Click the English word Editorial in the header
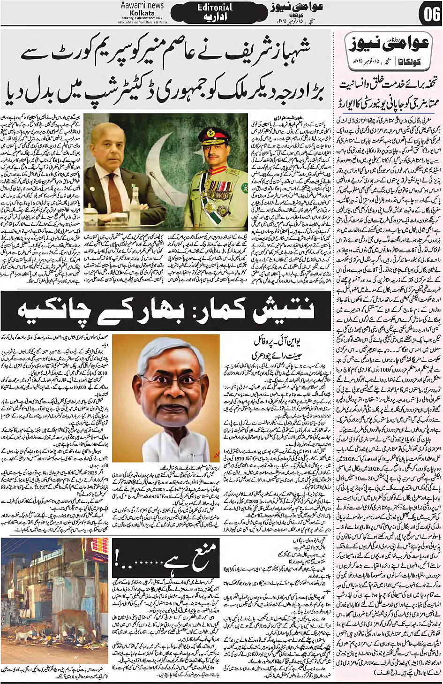(215, 8)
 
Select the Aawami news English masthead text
(142, 5)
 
